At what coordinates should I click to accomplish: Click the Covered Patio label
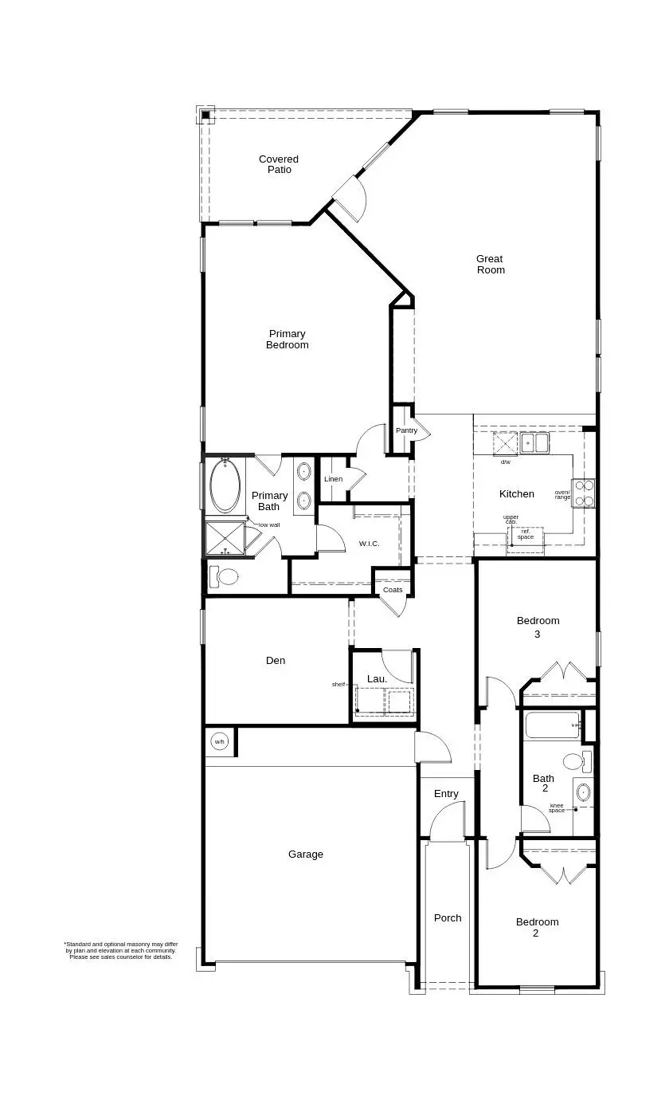[x=279, y=164]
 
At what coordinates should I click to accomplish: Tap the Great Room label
[x=491, y=264]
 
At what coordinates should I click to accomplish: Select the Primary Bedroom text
[x=288, y=340]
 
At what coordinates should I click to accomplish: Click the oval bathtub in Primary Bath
[x=225, y=487]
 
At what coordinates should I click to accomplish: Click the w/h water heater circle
[x=220, y=742]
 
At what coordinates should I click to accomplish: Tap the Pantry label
[x=406, y=430]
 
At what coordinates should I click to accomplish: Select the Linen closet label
[x=333, y=479]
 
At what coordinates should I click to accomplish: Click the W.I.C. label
[x=369, y=544]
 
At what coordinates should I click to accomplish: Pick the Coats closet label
[x=393, y=590]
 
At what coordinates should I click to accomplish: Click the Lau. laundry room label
[x=377, y=679]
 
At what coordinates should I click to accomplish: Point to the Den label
[x=276, y=660]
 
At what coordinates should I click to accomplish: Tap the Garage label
[x=306, y=854]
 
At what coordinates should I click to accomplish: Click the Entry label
[x=446, y=794]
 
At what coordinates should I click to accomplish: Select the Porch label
[x=448, y=918]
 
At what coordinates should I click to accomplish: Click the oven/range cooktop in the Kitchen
[x=584, y=493]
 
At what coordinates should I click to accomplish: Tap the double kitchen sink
[x=534, y=442]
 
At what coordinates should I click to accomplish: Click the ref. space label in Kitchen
[x=526, y=534]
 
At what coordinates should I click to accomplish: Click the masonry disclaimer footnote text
[x=121, y=950]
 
